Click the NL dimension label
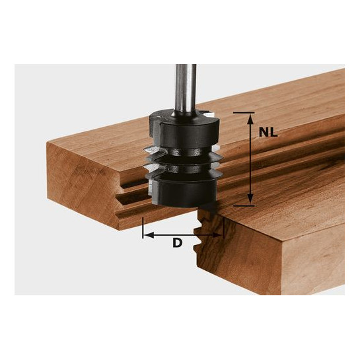point(268,132)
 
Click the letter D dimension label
point(177,243)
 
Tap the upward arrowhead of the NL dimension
point(250,120)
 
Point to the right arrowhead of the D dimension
point(218,235)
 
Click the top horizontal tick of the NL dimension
point(244,113)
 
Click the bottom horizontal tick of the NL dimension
point(244,205)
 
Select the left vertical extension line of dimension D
point(143,227)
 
